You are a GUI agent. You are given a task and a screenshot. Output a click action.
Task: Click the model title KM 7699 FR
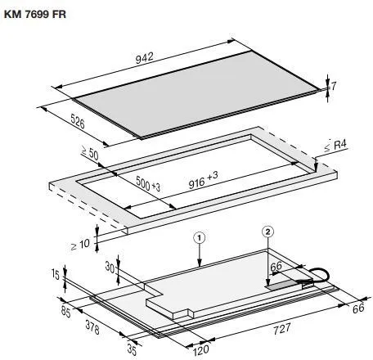pyautogui.click(x=35, y=15)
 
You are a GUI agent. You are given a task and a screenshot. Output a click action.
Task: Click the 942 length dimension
pyautogui.click(x=145, y=58)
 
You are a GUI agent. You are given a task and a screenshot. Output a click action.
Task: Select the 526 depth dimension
pyautogui.click(x=78, y=121)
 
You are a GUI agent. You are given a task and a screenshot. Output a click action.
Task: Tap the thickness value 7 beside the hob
pyautogui.click(x=334, y=86)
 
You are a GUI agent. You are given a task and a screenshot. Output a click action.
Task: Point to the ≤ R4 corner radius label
pyautogui.click(x=335, y=146)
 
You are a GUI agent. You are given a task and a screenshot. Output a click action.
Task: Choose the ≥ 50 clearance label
pyautogui.click(x=90, y=153)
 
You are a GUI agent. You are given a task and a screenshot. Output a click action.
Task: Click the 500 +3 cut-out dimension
pyautogui.click(x=148, y=183)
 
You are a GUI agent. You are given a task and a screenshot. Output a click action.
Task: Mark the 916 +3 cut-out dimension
pyautogui.click(x=204, y=180)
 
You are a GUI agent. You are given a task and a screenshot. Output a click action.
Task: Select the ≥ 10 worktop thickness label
pyautogui.click(x=80, y=245)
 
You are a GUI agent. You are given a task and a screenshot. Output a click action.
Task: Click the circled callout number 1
pyautogui.click(x=199, y=238)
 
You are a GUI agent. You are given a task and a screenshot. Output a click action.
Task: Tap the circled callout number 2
pyautogui.click(x=267, y=232)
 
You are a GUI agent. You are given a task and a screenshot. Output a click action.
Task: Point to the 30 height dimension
pyautogui.click(x=110, y=268)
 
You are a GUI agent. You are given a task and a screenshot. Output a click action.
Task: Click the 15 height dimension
pyautogui.click(x=56, y=274)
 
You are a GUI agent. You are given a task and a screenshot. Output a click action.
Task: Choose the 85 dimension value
pyautogui.click(x=66, y=312)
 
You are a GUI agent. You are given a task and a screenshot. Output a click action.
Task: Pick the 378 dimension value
pyautogui.click(x=92, y=327)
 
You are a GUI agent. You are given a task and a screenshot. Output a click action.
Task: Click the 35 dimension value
pyautogui.click(x=132, y=350)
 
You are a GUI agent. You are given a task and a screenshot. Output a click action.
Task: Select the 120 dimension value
pyautogui.click(x=201, y=350)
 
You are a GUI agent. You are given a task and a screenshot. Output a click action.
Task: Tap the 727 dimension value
pyautogui.click(x=282, y=329)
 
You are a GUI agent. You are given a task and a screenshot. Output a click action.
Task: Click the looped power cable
pyautogui.click(x=319, y=275)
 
